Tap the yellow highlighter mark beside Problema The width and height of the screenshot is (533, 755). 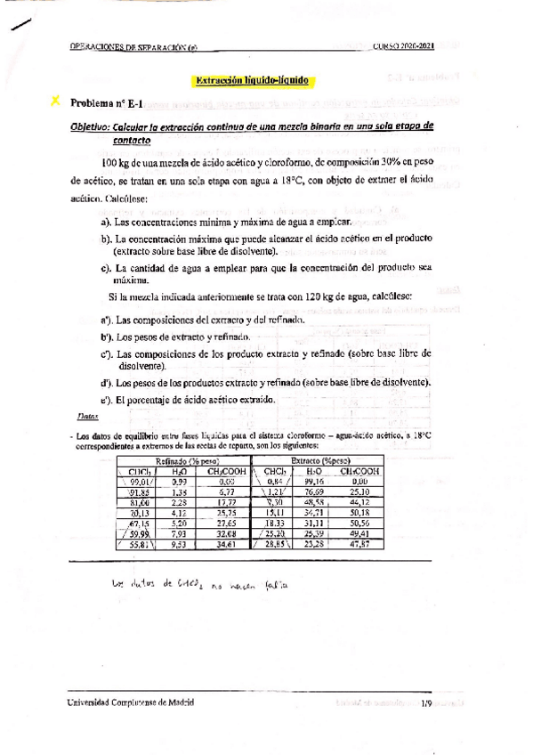coord(57,103)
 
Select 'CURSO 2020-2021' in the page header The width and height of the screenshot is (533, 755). coord(403,47)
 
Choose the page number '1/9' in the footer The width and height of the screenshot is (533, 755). coord(427,702)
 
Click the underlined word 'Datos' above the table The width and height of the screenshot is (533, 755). coord(88,416)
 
